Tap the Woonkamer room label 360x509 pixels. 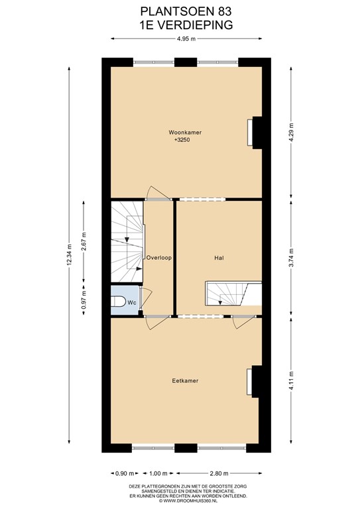pos(185,133)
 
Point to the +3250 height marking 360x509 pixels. pos(185,141)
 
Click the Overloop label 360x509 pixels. pos(159,258)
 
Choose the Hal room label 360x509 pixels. pos(218,258)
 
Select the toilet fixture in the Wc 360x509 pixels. pos(119,302)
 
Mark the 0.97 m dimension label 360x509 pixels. pos(84,302)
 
